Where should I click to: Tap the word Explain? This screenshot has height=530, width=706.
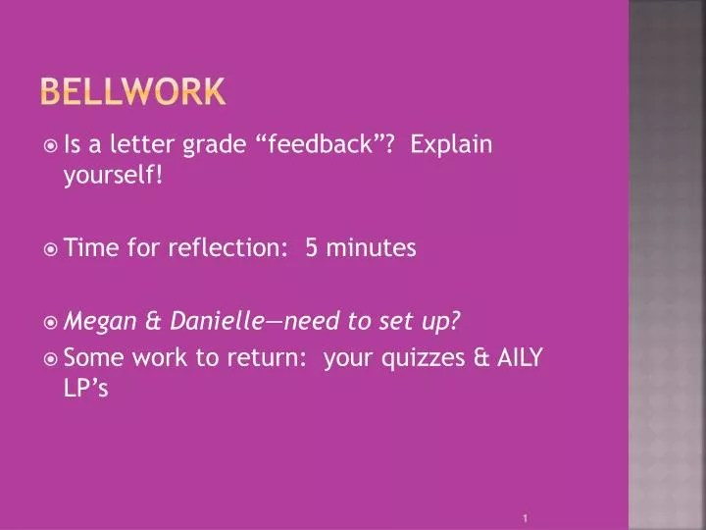pyautogui.click(x=451, y=145)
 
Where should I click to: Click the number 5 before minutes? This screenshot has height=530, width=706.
pyautogui.click(x=312, y=247)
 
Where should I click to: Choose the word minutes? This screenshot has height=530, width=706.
pyautogui.click(x=372, y=247)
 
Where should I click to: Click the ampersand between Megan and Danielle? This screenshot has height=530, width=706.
pyautogui.click(x=153, y=320)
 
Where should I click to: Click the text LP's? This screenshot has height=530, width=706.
pyautogui.click(x=85, y=389)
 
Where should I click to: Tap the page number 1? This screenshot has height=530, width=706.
pyautogui.click(x=527, y=516)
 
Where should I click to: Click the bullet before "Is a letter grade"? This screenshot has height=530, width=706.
pyautogui.click(x=51, y=146)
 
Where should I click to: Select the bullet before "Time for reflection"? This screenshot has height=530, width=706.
pyautogui.click(x=51, y=248)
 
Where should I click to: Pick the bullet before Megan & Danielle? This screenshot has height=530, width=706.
pyautogui.click(x=51, y=321)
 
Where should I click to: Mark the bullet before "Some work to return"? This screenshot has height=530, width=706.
pyautogui.click(x=51, y=359)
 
